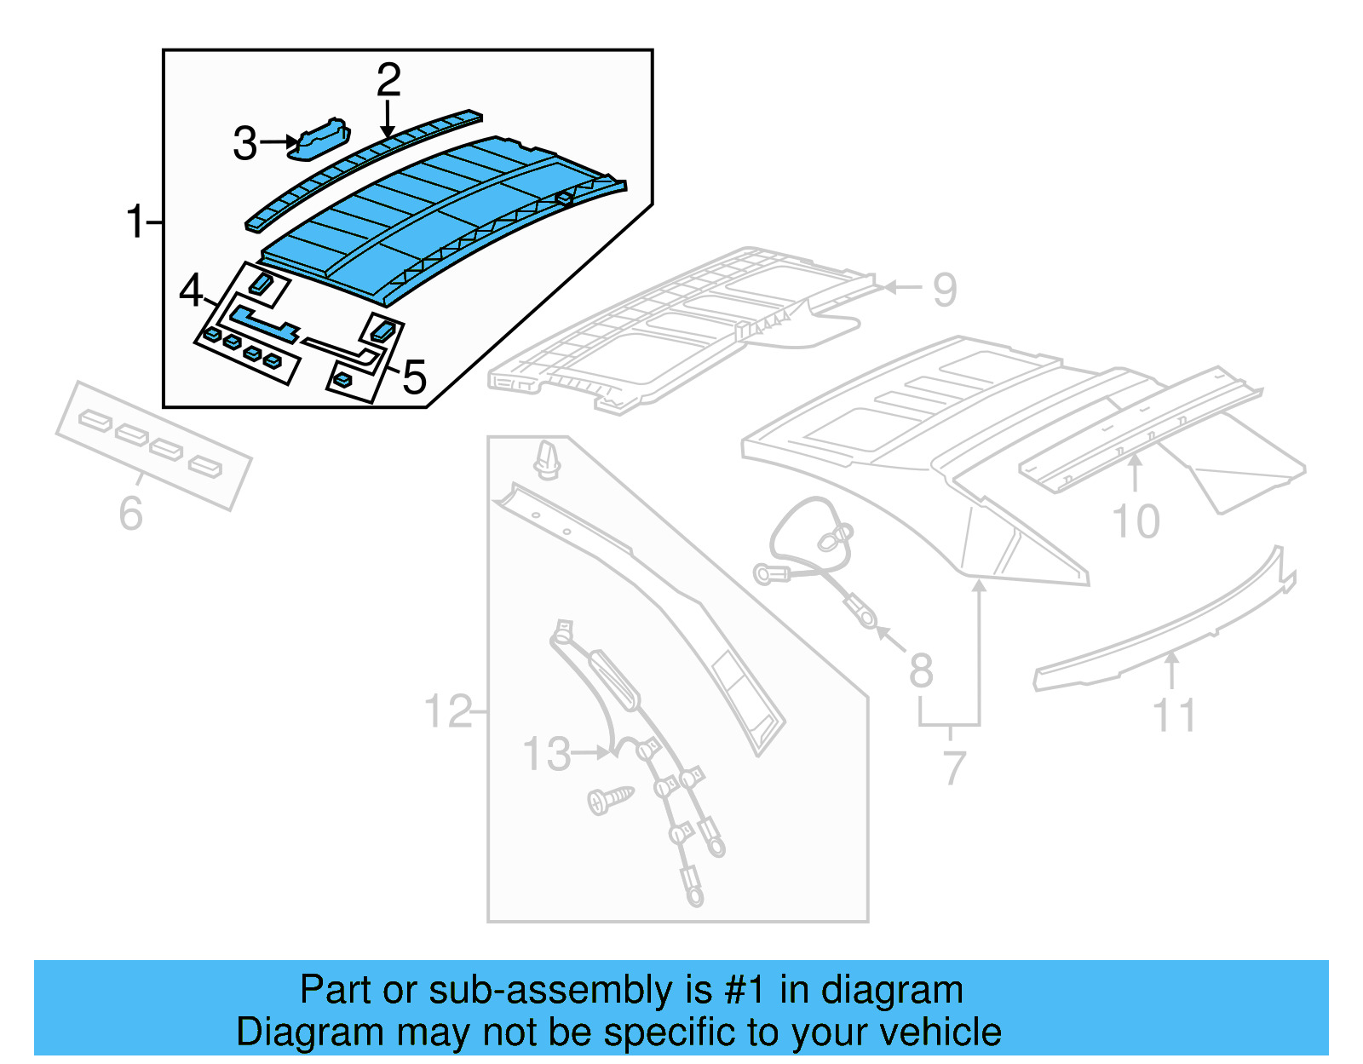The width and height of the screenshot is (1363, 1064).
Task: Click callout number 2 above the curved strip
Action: (x=388, y=80)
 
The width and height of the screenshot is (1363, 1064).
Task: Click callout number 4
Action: (x=191, y=291)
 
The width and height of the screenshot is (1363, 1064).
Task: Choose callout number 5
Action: (x=414, y=377)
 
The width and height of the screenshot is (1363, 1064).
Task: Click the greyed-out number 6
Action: (x=130, y=513)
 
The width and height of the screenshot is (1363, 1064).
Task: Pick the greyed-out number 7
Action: (x=954, y=768)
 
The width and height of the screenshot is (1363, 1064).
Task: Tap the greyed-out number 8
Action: (x=920, y=670)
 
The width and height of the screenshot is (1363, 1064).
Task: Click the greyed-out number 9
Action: (x=945, y=290)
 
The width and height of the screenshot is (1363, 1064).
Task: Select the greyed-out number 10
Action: (x=1136, y=521)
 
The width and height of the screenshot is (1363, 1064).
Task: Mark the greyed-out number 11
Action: (x=1174, y=716)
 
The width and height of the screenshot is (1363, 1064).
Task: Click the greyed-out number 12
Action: (x=448, y=710)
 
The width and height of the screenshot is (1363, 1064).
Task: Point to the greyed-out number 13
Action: (x=546, y=754)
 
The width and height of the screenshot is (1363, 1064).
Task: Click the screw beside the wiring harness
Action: (x=610, y=799)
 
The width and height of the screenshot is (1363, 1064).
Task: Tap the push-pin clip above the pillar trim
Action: (x=546, y=461)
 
